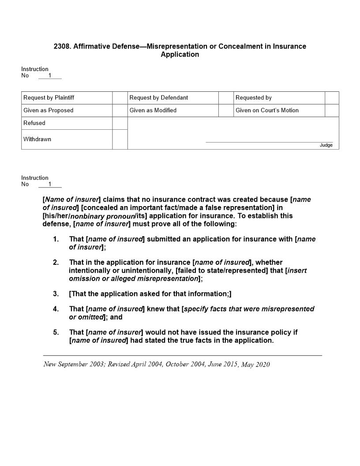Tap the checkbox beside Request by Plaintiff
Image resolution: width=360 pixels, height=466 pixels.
(120, 98)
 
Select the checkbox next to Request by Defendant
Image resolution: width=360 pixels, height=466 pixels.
(226, 98)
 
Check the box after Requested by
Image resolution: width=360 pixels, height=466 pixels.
(332, 98)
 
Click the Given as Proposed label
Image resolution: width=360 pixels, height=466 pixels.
(49, 110)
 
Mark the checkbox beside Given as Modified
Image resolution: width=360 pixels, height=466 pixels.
(226, 110)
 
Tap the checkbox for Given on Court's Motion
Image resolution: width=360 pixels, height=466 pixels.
(332, 110)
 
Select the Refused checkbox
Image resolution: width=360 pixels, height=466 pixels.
(120, 123)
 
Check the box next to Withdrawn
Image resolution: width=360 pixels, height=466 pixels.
(120, 139)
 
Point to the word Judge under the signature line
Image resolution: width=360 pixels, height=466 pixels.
(326, 145)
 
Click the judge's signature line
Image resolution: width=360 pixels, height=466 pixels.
(269, 142)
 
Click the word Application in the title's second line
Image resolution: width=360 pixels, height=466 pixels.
(180, 55)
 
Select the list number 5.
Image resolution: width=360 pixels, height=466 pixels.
(56, 332)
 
